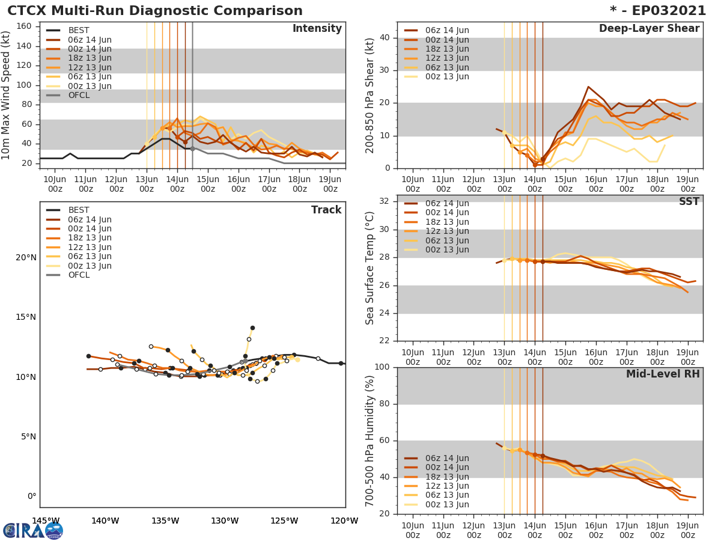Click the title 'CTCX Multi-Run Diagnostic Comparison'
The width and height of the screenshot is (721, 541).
point(155,11)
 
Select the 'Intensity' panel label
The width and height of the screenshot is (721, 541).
point(317,29)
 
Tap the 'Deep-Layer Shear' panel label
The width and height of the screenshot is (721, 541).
point(649,29)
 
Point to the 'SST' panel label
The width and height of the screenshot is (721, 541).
point(689,202)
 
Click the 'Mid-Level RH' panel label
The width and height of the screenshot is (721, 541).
point(663,374)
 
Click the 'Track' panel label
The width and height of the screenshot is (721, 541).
point(326,210)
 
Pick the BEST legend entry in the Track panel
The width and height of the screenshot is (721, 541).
point(78,210)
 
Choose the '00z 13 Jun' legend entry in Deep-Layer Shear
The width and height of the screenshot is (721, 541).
point(447,76)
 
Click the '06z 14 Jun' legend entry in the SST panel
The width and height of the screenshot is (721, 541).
point(447,203)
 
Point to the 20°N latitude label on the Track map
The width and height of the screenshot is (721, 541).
point(26,258)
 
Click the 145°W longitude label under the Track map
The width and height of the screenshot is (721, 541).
point(46,521)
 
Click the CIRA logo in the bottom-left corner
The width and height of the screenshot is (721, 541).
point(33,530)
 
